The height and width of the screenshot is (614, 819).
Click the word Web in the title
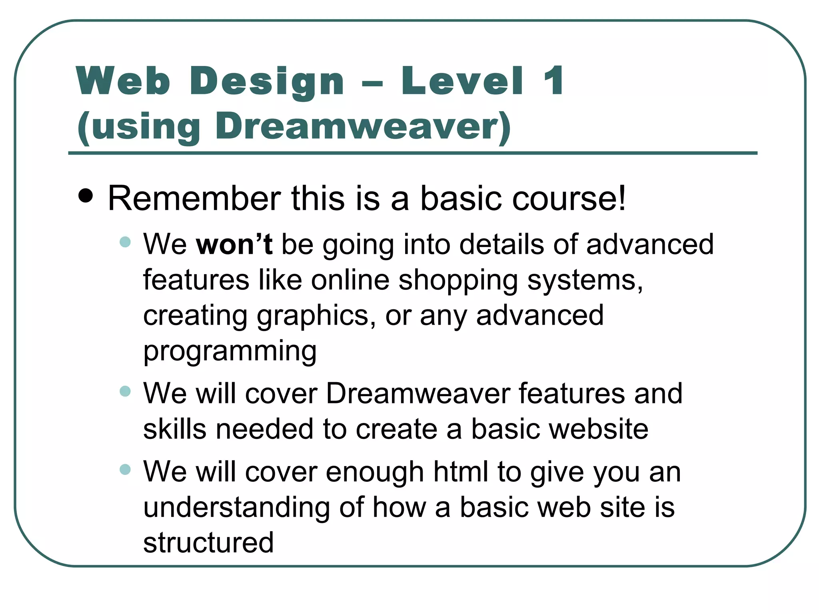123,81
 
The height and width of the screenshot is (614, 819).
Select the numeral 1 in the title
554,81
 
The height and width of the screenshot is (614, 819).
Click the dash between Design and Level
372,84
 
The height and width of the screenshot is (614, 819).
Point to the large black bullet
86,196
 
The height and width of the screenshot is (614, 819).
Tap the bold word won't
234,244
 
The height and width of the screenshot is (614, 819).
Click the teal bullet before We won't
125,242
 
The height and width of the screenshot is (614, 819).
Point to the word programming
230,351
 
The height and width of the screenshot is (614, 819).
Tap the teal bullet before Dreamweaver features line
125,391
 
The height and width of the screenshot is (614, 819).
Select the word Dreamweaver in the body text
418,393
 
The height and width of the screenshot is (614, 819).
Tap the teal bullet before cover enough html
125,469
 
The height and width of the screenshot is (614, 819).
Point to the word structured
208,542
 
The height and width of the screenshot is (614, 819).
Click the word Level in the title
463,81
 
